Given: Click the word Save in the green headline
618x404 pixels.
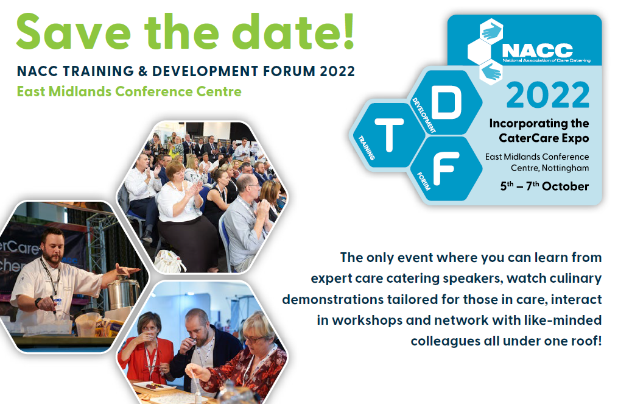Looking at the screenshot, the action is pos(73,32).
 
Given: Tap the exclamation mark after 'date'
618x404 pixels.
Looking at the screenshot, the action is pos(348,31).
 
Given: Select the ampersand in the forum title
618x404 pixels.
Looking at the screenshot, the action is pos(143,71).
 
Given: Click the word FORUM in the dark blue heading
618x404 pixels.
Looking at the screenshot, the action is pos(289,71).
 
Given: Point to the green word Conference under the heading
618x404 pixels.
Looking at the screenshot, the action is pos(153,91).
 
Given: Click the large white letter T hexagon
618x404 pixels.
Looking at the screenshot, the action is pos(389,135).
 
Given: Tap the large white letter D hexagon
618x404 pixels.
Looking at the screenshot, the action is pos(446,102).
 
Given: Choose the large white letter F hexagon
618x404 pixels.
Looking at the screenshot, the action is pos(446,168).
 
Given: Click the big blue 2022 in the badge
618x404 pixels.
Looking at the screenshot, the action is pos(548,94).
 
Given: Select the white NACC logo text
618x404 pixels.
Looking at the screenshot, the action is pos(537,50).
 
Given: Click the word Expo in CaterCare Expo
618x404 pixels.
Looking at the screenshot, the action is pos(575,138).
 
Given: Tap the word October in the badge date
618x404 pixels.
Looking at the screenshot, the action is pos(565,186).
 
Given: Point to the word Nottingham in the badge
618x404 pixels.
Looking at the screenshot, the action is pos(565,168).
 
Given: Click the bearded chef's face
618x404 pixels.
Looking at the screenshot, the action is pos(53,247).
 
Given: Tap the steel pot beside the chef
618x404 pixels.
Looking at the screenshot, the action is pos(124,292).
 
